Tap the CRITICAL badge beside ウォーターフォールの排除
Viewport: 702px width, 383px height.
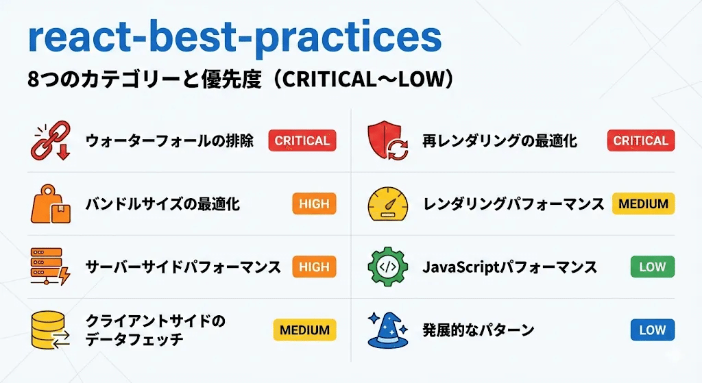click(302, 140)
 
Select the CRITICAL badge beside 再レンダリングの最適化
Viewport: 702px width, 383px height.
click(640, 140)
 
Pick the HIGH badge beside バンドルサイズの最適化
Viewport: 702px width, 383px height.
click(314, 203)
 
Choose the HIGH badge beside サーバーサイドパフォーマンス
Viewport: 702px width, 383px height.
click(314, 267)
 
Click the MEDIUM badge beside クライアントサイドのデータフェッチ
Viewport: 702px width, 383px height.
click(305, 330)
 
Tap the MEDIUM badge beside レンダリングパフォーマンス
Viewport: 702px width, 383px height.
click(643, 203)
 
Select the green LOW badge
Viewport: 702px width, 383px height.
click(652, 267)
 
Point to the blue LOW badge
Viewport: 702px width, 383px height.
click(652, 330)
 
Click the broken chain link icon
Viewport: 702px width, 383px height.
click(51, 140)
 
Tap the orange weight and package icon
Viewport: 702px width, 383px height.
click(51, 203)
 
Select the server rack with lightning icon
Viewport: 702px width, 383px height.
click(51, 267)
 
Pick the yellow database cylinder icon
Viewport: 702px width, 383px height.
click(51, 330)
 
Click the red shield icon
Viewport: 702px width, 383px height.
click(388, 140)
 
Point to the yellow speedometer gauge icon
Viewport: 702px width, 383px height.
click(388, 203)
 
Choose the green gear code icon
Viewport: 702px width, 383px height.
click(388, 267)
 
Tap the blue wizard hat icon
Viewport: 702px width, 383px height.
click(388, 330)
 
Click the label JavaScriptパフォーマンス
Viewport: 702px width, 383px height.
click(509, 267)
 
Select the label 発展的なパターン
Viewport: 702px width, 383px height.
click(478, 330)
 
